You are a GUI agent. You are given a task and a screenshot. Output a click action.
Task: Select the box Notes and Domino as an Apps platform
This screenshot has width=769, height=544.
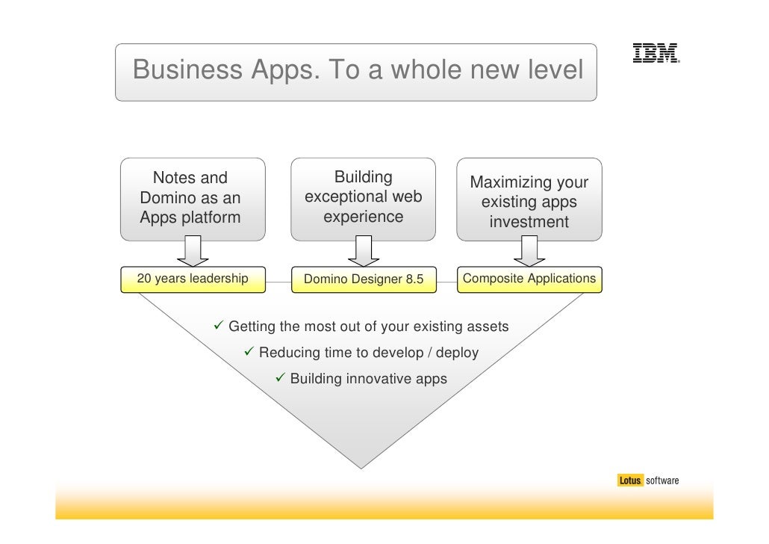192,198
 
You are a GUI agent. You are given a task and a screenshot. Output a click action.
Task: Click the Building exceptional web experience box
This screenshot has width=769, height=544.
363,198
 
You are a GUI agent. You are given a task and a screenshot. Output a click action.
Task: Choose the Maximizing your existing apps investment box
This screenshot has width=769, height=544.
529,200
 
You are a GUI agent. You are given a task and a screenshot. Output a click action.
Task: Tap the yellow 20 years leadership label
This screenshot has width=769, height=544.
193,279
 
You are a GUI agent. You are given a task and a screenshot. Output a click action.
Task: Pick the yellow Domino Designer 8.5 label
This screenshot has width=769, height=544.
364,279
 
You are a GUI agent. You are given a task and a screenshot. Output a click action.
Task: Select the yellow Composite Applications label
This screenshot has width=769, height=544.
529,279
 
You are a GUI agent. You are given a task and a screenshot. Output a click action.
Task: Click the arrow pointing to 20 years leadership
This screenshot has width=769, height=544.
192,253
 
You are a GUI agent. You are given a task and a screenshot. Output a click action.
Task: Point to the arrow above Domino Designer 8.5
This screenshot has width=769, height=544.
364,253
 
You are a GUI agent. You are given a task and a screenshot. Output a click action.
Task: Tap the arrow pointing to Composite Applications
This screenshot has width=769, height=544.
529,253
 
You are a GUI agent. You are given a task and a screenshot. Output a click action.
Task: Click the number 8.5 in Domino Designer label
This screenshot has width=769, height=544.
414,280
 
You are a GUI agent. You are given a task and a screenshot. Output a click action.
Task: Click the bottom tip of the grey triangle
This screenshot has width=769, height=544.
362,466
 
